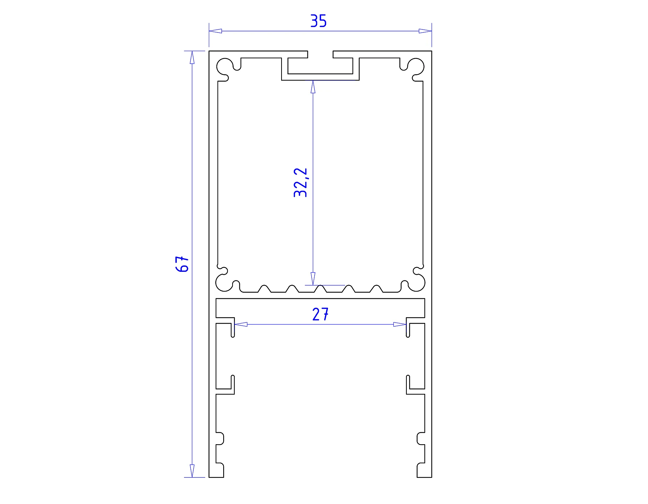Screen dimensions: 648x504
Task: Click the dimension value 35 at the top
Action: tap(319, 21)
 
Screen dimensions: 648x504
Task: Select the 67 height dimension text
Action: tap(183, 264)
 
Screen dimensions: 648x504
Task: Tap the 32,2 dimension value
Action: tap(301, 183)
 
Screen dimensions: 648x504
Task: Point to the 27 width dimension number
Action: tap(320, 315)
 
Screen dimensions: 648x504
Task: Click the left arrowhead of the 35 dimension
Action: tap(215, 31)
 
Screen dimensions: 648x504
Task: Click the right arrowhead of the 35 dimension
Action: tap(425, 31)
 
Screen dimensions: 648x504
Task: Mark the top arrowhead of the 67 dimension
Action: tap(192, 58)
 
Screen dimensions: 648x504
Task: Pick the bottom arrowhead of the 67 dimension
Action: tap(192, 471)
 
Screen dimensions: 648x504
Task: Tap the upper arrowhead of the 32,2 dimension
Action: tap(313, 87)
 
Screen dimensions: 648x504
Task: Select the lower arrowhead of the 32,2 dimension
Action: tap(313, 279)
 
